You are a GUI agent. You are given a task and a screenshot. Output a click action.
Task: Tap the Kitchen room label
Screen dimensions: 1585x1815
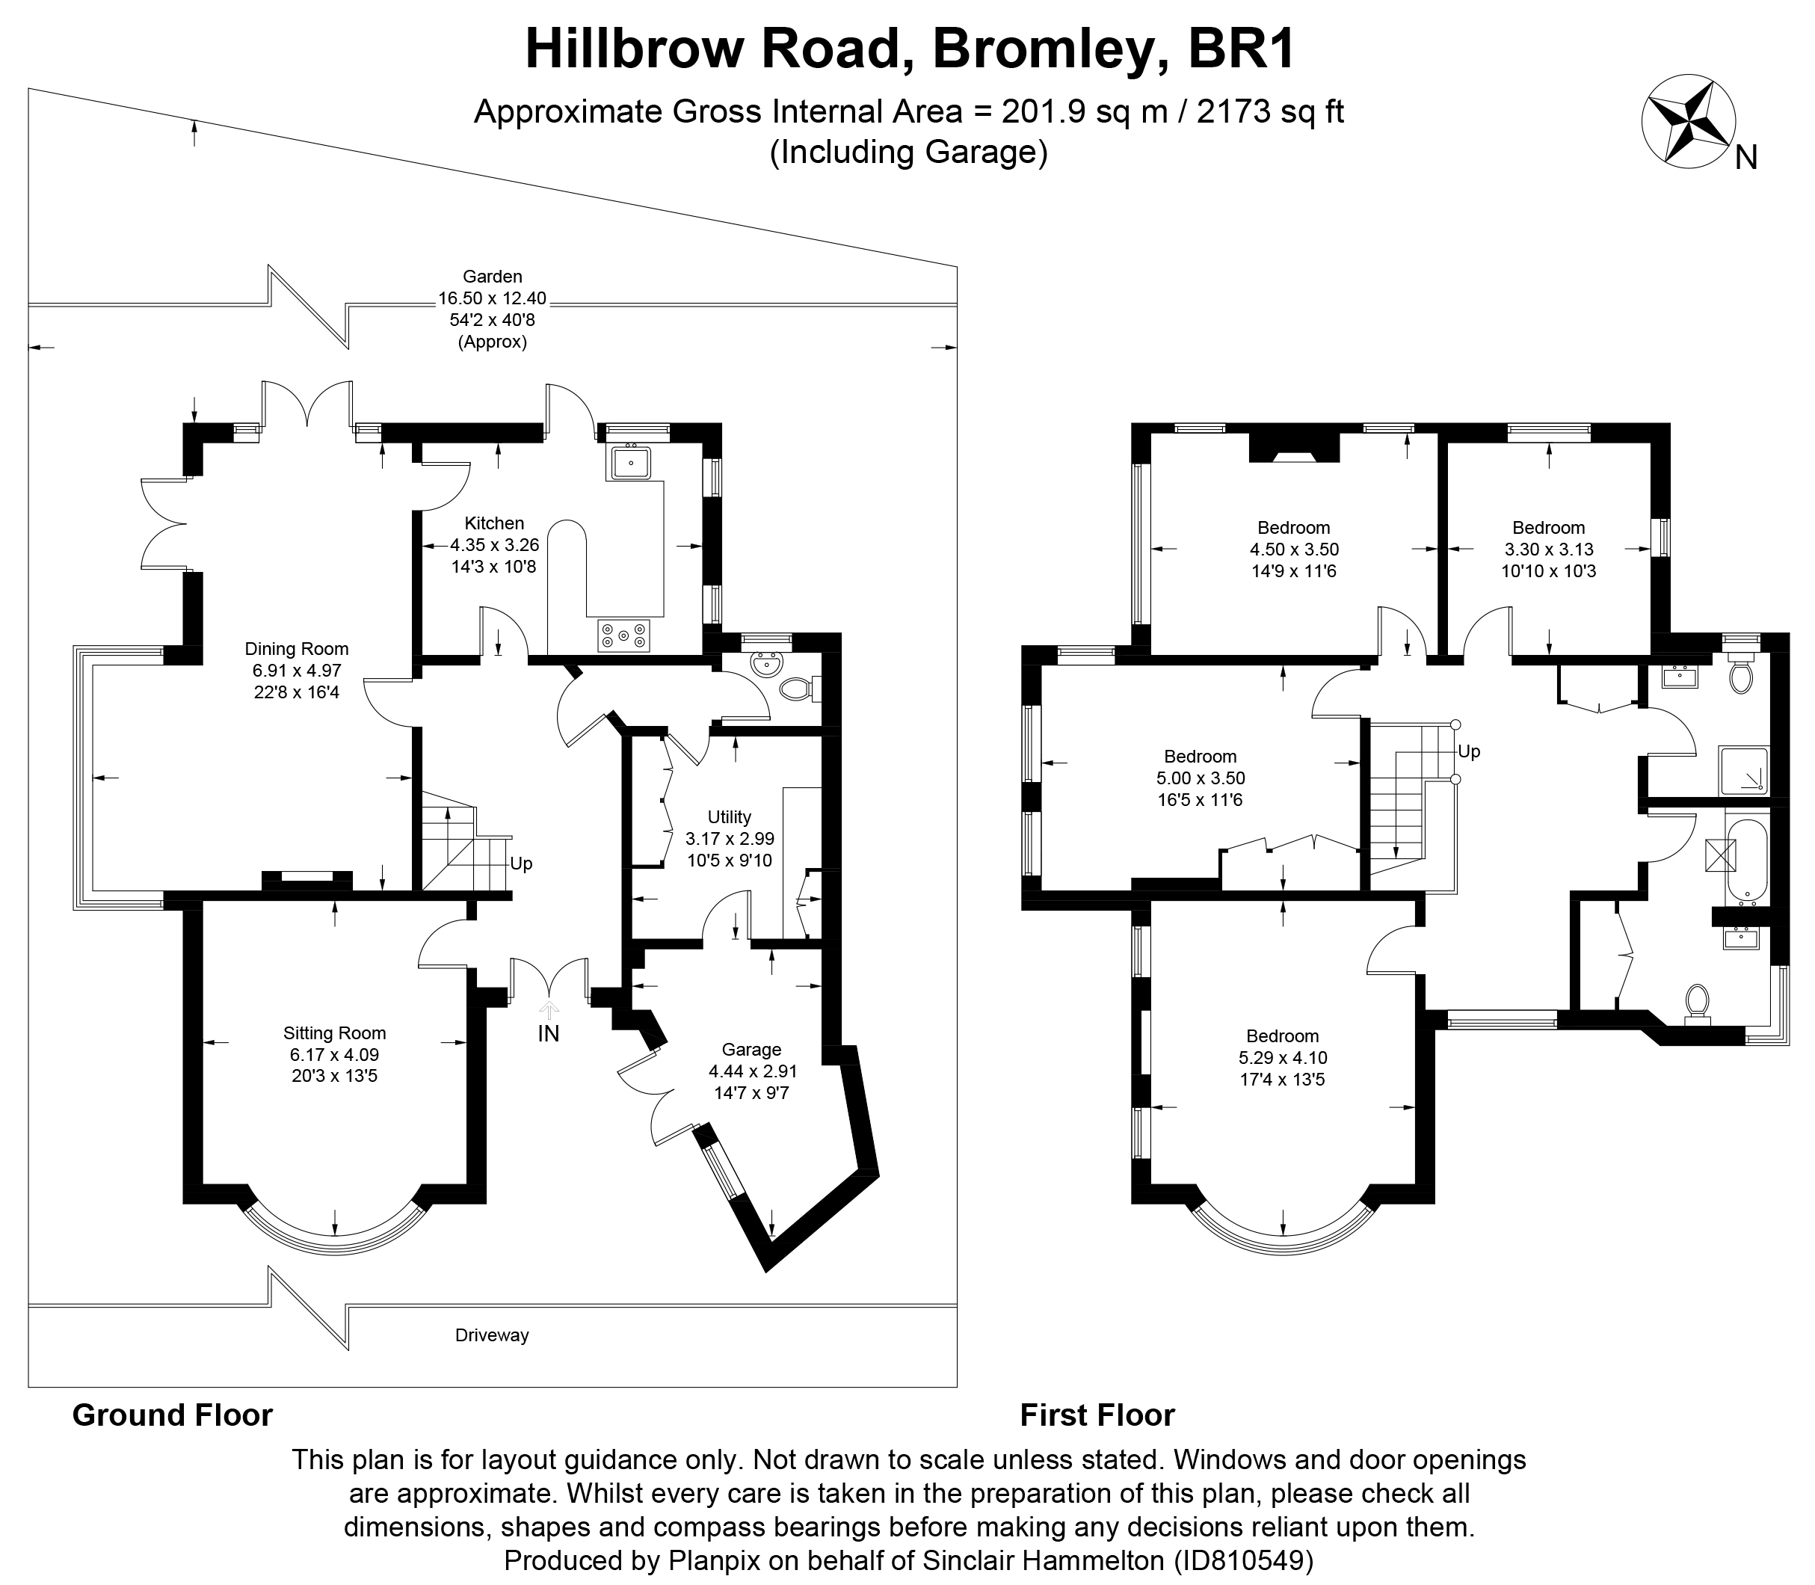tap(494, 523)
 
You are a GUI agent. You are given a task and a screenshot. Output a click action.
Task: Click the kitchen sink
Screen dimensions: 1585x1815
tap(629, 462)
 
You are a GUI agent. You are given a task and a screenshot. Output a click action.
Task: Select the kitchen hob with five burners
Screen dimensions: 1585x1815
tap(623, 635)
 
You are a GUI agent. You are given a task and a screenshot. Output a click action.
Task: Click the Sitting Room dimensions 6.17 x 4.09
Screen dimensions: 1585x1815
tap(333, 1054)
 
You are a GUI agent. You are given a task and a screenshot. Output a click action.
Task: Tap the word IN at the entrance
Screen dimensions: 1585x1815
tap(549, 1033)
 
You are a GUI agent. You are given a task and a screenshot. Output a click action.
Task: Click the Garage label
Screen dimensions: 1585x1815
tap(751, 1049)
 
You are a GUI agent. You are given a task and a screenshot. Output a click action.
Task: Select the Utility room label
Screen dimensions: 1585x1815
tap(730, 816)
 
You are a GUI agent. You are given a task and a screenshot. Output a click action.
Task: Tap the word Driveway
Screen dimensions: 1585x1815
tap(492, 1335)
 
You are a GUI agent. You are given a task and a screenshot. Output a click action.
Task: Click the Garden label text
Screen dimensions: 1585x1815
tap(493, 277)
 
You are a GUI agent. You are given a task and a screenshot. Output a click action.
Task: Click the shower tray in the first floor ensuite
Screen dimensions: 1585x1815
tap(1743, 769)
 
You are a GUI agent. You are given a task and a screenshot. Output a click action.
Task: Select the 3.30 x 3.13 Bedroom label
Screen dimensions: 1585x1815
tap(1548, 528)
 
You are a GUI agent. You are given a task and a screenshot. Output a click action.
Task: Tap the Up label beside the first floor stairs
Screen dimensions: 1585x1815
tap(1468, 752)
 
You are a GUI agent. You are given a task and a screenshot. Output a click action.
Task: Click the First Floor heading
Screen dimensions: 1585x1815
tap(1097, 1415)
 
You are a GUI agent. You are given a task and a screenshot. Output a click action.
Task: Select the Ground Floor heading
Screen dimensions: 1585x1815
tap(173, 1415)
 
